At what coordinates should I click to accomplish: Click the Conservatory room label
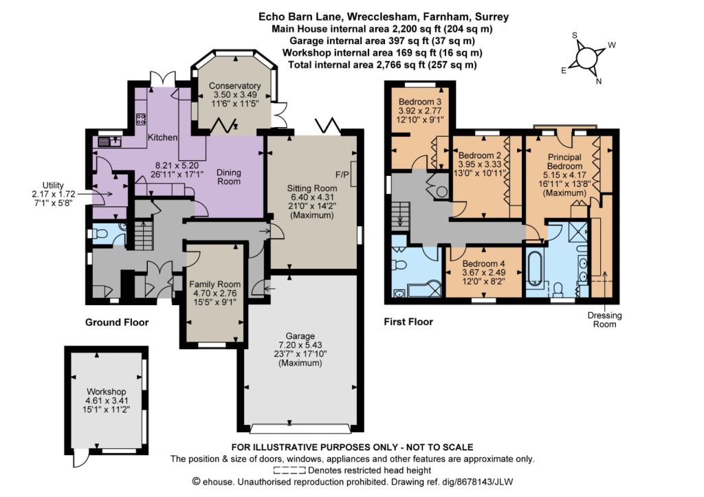click(235, 86)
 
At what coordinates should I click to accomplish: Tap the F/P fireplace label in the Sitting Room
click(342, 174)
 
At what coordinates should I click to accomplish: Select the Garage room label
click(300, 336)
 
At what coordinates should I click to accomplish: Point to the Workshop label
click(107, 392)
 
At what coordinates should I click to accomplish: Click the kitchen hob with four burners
click(141, 118)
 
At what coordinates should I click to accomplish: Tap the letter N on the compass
click(599, 81)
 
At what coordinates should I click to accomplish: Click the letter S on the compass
click(574, 36)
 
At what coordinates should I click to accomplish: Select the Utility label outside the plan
click(53, 185)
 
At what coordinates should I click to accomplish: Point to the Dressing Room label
click(604, 320)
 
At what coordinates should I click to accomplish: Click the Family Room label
click(214, 284)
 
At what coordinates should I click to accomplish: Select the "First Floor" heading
click(408, 322)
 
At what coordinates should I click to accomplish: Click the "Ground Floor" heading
click(117, 322)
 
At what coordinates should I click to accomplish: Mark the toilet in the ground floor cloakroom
click(98, 234)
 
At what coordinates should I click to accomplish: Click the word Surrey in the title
click(493, 17)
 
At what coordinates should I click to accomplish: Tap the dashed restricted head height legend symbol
click(289, 470)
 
